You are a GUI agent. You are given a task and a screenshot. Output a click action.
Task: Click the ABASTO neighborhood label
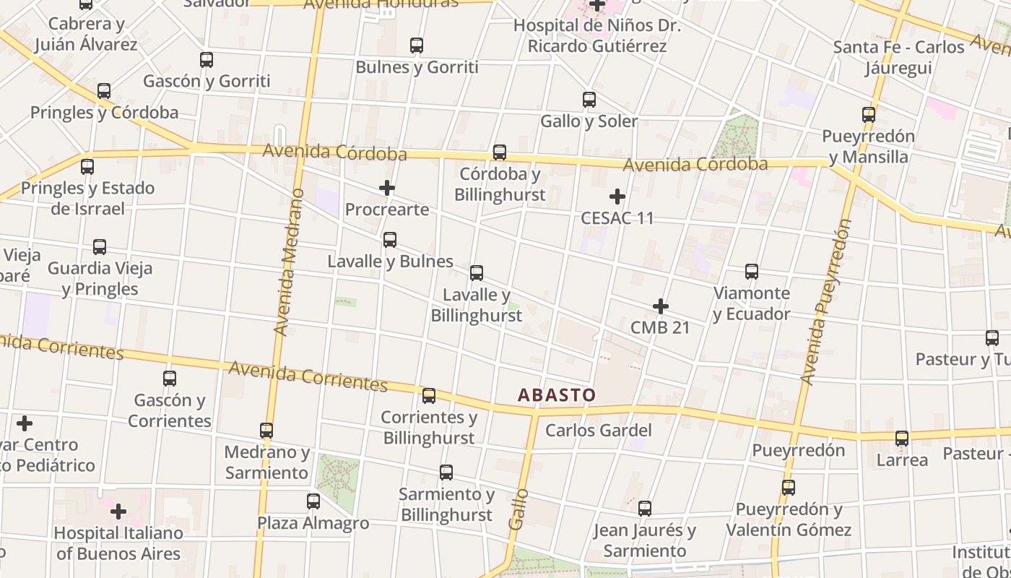[x=557, y=395]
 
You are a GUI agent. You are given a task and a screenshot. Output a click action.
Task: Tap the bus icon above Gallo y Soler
[x=589, y=100]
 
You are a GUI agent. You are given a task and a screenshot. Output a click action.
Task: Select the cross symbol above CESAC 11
[x=617, y=197]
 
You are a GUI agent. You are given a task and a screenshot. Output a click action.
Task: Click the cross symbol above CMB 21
[x=660, y=306]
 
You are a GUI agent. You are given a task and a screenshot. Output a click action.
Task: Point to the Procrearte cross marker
[x=387, y=189]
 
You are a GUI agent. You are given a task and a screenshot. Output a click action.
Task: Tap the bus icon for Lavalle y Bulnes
[x=390, y=240]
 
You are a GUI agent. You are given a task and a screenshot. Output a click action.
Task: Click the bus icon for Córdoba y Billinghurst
[x=500, y=152]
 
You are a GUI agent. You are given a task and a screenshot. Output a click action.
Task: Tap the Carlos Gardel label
[x=598, y=431]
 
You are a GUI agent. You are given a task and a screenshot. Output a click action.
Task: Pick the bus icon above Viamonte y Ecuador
[x=752, y=272]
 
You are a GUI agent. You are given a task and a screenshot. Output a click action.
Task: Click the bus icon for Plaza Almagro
[x=313, y=501]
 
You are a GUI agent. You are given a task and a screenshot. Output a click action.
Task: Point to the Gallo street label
[x=518, y=509]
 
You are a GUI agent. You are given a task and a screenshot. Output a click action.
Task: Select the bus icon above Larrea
[x=902, y=439]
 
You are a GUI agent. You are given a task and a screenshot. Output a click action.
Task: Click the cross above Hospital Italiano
[x=118, y=512]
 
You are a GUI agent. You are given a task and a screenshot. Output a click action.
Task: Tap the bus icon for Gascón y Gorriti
[x=207, y=60]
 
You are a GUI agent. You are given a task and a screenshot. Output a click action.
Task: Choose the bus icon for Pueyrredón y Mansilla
[x=869, y=115]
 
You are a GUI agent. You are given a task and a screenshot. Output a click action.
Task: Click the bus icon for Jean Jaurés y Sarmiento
[x=645, y=509]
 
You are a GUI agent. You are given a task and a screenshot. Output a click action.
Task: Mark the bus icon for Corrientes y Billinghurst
[x=429, y=396]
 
